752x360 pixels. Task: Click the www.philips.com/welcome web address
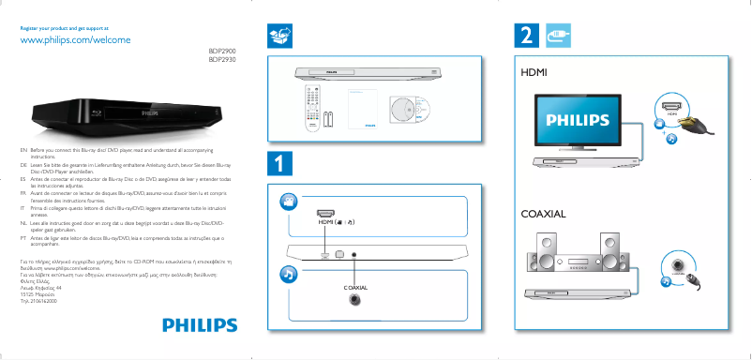tap(74, 41)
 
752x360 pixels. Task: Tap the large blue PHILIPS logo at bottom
tap(200, 324)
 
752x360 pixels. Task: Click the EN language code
tap(23, 150)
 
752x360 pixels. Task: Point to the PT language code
tap(23, 239)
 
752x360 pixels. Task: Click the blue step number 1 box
tap(279, 162)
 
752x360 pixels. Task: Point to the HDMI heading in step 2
tap(534, 71)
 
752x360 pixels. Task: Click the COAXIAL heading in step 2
tap(543, 215)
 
